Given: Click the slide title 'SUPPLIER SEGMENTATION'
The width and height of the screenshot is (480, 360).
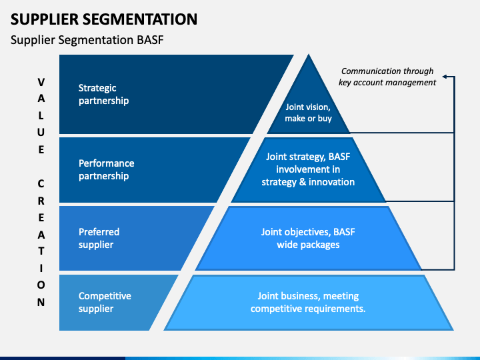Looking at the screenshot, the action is (104, 19).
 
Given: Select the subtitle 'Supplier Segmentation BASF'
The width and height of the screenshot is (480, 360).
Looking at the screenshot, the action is (87, 40).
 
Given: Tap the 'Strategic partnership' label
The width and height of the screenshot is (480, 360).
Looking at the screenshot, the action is (103, 94).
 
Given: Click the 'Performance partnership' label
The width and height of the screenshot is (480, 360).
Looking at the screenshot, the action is (106, 169).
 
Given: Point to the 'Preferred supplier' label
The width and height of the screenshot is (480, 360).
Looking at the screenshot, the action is (99, 238).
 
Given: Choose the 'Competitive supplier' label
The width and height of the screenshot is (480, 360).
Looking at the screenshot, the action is (105, 302).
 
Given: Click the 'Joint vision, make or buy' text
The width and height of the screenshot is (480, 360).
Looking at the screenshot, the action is (308, 113).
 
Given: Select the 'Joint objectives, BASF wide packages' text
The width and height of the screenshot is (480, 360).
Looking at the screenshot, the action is (308, 238).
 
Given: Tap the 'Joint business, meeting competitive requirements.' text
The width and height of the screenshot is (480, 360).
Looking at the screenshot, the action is (308, 302).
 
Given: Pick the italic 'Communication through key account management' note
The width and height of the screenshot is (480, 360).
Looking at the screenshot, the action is (387, 77).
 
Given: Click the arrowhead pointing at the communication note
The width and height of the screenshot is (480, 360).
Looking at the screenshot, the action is (445, 77).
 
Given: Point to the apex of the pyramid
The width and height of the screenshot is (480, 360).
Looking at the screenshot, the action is (309, 55).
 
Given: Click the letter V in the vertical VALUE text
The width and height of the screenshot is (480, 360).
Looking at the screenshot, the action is (41, 82).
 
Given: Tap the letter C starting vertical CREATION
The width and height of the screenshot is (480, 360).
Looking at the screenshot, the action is (41, 184).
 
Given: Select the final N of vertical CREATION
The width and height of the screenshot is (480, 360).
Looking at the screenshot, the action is (41, 302).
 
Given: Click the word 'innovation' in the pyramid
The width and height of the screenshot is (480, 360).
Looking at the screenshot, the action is (331, 182).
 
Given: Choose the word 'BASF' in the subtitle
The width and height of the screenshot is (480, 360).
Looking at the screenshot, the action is (150, 40).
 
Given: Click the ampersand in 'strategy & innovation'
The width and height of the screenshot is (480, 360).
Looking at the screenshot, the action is (303, 182).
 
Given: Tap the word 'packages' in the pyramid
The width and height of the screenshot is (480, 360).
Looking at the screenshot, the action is (320, 245).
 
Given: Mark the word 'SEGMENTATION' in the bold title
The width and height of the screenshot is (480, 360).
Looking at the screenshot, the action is (140, 19).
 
